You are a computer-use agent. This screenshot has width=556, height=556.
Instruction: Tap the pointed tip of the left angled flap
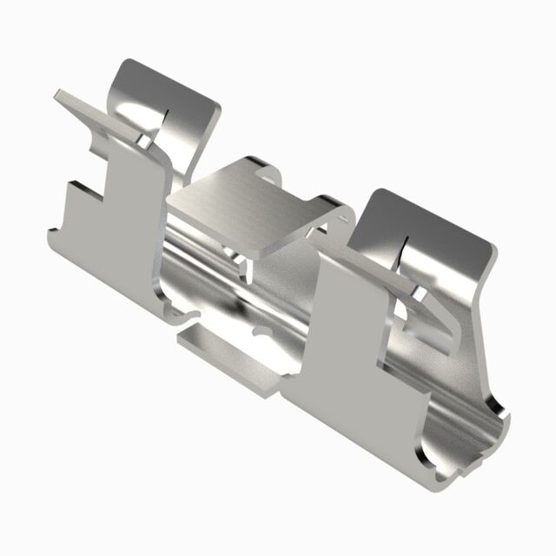[57, 92]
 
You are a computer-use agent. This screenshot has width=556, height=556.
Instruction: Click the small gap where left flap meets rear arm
[142, 139]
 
